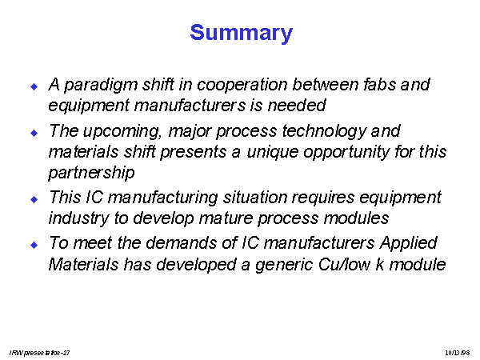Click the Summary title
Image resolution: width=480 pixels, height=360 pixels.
point(242,33)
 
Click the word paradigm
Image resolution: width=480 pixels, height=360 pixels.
point(101,85)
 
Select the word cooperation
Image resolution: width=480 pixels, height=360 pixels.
point(242,86)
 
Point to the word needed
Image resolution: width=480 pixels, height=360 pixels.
point(296,106)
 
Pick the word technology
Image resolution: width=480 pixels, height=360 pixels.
point(324,132)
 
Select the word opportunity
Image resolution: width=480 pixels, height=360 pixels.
point(346,152)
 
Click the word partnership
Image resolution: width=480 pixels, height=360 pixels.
point(91,173)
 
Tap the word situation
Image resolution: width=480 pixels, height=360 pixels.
point(255,198)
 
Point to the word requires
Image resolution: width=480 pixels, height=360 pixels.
point(323,198)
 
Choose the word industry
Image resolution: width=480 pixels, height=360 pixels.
point(78,218)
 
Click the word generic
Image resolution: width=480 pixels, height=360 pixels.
point(284,265)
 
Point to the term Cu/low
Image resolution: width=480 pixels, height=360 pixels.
point(344,265)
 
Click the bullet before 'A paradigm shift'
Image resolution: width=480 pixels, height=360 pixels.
point(34,86)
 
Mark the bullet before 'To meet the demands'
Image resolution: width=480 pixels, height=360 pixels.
point(34,245)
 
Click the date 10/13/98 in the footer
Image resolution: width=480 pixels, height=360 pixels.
point(458,353)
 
